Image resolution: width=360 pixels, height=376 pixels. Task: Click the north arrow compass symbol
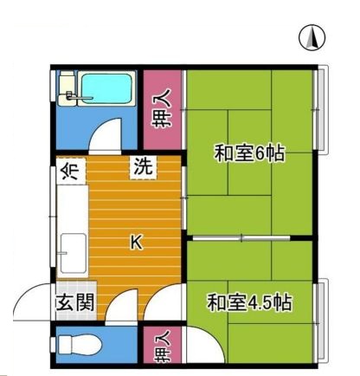[x=312, y=37]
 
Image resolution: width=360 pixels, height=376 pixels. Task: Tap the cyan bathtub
[x=106, y=88]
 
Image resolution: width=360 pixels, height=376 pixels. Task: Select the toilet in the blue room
[x=80, y=345]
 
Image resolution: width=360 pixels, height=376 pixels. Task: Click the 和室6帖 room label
[x=249, y=153]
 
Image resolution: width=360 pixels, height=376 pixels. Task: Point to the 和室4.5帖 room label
[x=250, y=302]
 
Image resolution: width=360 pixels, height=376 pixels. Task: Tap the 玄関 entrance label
[x=76, y=302]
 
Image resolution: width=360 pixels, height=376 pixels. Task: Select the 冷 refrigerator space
[x=71, y=171]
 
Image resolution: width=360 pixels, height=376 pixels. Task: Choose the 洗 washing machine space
[x=144, y=166]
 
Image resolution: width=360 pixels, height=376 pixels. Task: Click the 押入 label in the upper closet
[x=162, y=108]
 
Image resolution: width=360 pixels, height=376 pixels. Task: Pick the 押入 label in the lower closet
[x=162, y=346]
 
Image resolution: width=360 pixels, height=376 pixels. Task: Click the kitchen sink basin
[x=74, y=253]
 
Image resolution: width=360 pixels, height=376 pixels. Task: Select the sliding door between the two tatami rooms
[x=241, y=238]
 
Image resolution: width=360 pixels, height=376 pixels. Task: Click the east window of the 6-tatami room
[x=321, y=110]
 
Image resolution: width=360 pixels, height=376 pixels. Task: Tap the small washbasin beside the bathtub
[x=67, y=88]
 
